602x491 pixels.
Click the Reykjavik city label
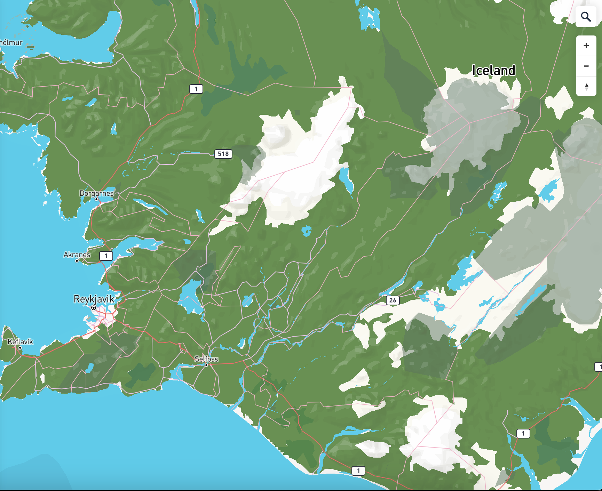point(94,299)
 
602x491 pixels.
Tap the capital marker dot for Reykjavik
point(93,308)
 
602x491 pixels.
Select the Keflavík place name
point(20,341)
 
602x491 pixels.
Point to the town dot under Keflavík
point(20,347)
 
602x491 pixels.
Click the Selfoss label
point(206,359)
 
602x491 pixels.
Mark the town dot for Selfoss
point(206,365)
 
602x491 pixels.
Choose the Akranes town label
point(77,255)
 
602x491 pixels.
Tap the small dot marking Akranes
point(77,260)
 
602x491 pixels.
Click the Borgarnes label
point(96,193)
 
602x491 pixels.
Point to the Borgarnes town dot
point(96,199)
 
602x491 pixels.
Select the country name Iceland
point(493,71)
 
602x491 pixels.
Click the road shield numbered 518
point(223,154)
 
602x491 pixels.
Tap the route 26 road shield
point(393,300)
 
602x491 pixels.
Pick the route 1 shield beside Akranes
point(106,256)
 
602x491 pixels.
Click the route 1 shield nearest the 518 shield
point(196,89)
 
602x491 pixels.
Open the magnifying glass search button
point(586,17)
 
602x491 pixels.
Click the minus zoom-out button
point(586,66)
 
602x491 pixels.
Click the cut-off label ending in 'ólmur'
point(11,42)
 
